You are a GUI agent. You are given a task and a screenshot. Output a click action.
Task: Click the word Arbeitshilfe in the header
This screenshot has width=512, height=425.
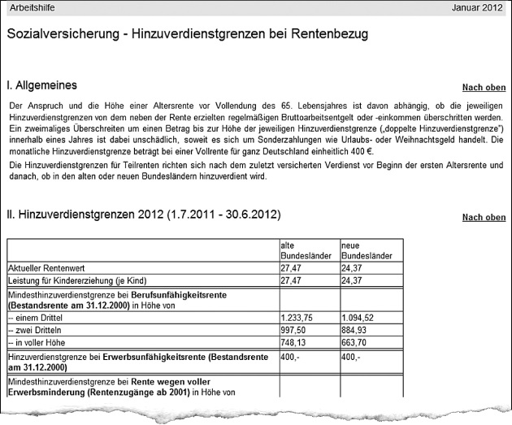(x=33, y=7)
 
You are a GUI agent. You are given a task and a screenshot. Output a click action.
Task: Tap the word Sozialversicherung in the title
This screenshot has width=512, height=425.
(x=59, y=35)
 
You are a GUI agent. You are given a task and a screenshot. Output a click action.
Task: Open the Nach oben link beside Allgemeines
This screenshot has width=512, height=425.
(x=484, y=88)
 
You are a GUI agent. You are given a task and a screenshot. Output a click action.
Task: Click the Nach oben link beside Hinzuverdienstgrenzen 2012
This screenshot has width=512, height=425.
(x=484, y=218)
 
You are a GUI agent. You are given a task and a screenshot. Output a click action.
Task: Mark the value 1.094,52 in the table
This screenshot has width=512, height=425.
(x=358, y=318)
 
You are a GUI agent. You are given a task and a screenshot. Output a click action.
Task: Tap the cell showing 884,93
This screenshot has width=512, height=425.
(x=356, y=330)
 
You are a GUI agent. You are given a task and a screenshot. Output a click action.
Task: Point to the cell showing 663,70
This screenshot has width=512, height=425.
(x=356, y=342)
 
